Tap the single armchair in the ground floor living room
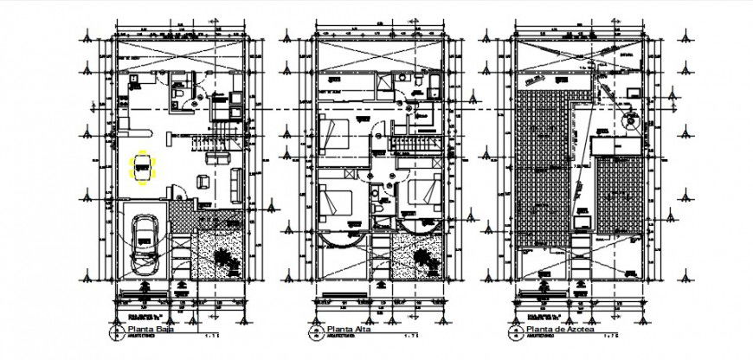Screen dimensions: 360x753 pyautogui.click(x=203, y=181)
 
